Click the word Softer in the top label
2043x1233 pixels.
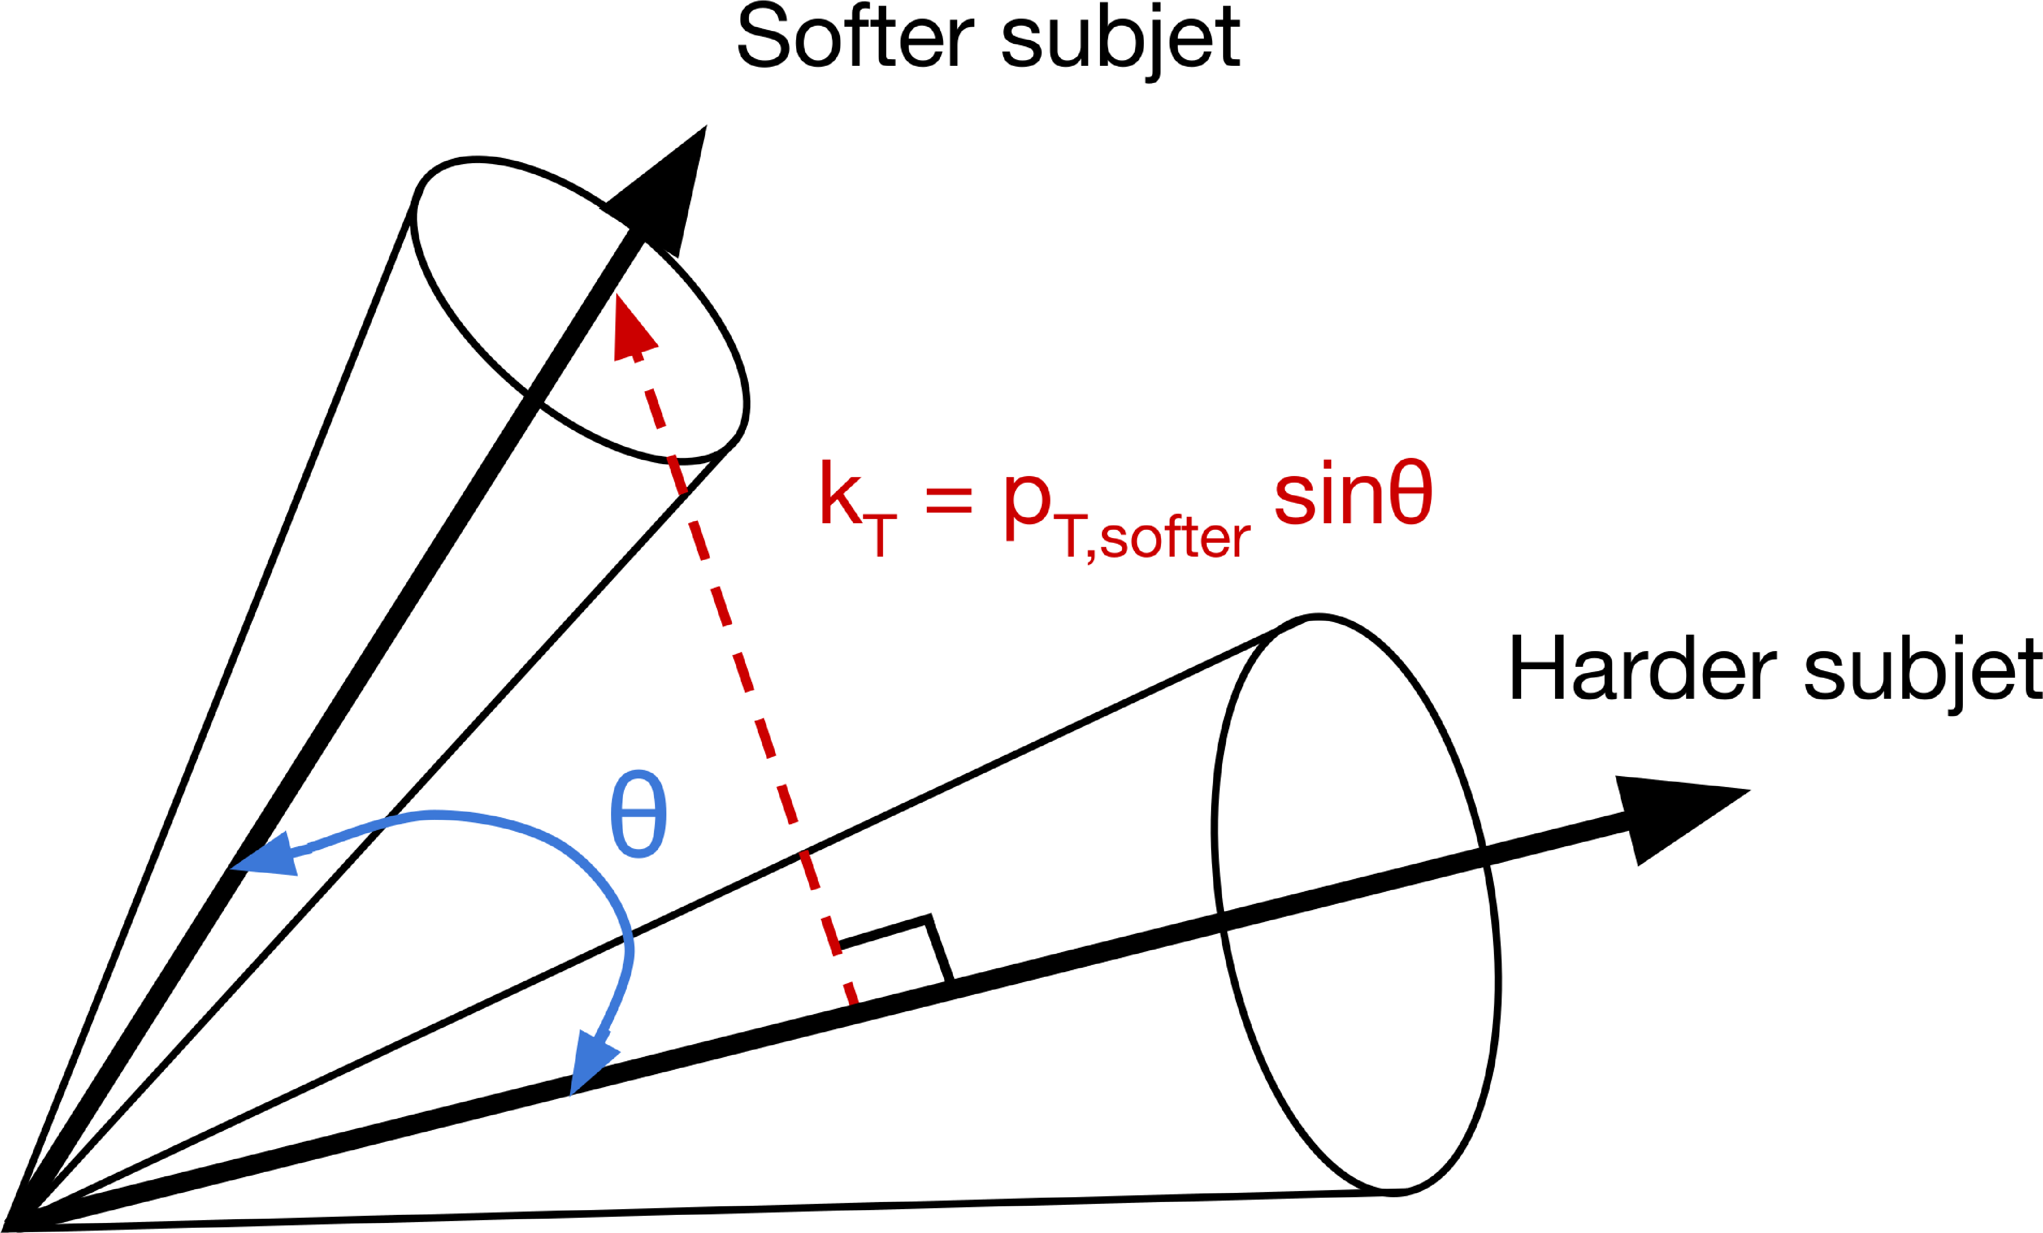pos(854,37)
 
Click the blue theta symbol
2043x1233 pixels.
pos(638,814)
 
